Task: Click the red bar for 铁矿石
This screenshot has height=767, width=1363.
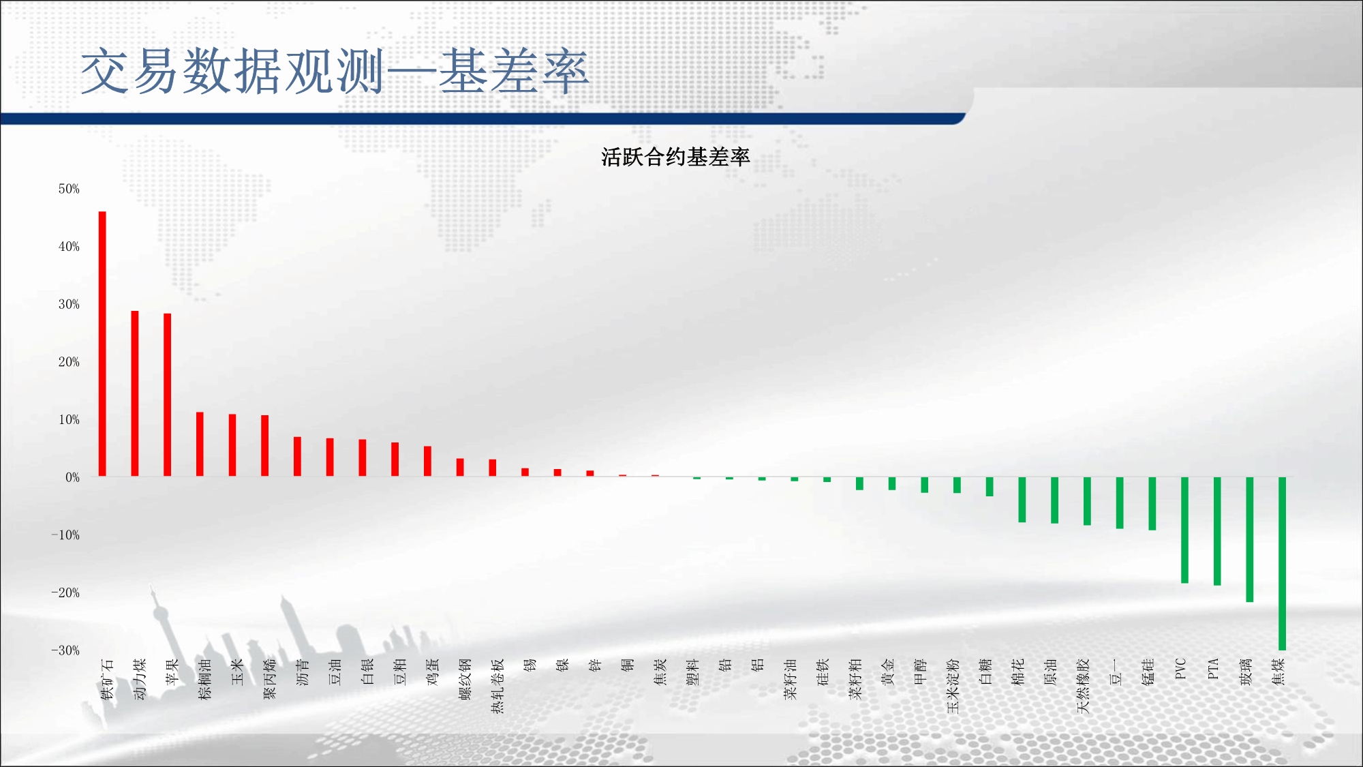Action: (102, 344)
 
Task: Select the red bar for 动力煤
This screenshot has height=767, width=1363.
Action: (135, 393)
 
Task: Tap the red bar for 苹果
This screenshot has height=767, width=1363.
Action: (168, 395)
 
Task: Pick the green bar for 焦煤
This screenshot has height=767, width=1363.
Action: (1282, 563)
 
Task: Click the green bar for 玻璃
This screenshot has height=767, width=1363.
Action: (1250, 539)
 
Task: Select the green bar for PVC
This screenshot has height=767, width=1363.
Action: (1184, 530)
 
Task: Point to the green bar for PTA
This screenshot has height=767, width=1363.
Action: (1217, 531)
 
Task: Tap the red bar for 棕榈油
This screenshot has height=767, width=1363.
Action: (200, 445)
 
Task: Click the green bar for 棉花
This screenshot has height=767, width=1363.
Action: (1022, 500)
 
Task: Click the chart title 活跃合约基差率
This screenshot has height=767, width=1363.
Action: (675, 157)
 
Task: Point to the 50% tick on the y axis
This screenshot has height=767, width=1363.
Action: (69, 189)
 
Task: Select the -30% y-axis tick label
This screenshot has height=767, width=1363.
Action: (65, 650)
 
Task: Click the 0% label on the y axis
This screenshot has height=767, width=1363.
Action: (72, 477)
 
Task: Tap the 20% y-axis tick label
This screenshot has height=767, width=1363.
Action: (69, 362)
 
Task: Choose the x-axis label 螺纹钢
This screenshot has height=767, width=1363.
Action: (465, 679)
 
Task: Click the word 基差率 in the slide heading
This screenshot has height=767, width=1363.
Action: (513, 72)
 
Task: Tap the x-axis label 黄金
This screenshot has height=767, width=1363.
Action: (888, 672)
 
